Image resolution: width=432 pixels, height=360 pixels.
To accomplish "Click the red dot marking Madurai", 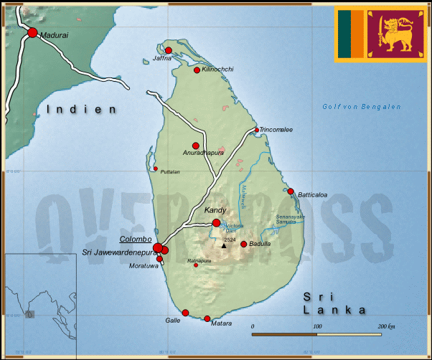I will tap(32, 32).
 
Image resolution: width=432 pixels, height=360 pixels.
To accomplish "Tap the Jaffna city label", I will tap(162, 58).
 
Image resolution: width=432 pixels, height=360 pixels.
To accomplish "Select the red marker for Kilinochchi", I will tap(197, 70).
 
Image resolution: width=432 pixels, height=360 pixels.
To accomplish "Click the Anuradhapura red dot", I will tap(195, 146).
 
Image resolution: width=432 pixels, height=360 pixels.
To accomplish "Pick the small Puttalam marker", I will tap(156, 169).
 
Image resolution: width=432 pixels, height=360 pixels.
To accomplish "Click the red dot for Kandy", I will tap(216, 223).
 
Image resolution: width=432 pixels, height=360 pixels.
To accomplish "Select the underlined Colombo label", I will tap(135, 239).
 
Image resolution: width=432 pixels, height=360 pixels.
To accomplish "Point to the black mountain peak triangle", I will tap(224, 246).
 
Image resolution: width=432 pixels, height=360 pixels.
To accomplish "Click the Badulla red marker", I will tap(244, 245).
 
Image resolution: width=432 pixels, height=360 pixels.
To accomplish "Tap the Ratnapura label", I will tap(199, 260).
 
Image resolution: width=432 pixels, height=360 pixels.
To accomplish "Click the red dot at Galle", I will tap(185, 313).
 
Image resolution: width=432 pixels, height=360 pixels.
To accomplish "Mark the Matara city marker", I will tap(207, 318).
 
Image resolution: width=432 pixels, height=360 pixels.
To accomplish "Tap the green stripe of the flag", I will tap(345, 34).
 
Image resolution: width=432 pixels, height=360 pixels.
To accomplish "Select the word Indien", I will tap(81, 110).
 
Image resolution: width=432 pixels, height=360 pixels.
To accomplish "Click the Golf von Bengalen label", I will tap(361, 107).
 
